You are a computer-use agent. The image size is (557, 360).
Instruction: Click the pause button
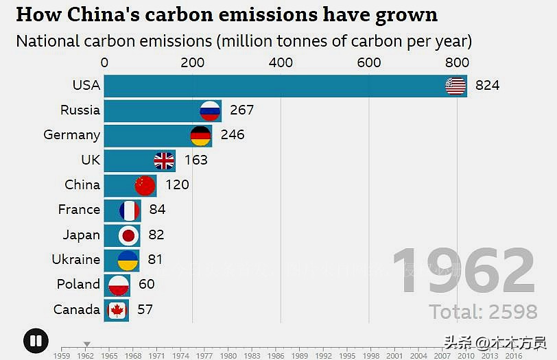[x=35, y=341]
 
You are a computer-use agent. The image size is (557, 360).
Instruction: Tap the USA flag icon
[x=455, y=86]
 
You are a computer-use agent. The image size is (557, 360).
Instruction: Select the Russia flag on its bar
[x=210, y=110]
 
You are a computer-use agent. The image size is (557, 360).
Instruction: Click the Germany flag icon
[x=200, y=135]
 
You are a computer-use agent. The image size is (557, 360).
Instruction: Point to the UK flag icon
[x=164, y=160]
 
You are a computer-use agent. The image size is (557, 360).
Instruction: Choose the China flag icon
[x=145, y=185]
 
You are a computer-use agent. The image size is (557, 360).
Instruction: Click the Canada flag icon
[x=117, y=310]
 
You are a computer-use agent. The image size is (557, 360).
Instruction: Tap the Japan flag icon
[x=129, y=235]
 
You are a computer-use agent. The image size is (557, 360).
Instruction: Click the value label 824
[x=487, y=86]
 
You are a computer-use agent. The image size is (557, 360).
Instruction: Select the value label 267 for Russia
[x=241, y=110]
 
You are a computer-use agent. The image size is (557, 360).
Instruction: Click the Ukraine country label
[x=75, y=260]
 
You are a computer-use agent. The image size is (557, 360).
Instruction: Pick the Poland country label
[x=78, y=285]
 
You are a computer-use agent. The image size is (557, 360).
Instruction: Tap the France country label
[x=79, y=210]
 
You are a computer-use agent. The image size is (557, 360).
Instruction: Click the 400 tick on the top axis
[x=281, y=62]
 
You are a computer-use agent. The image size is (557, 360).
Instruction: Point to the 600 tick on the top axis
[x=369, y=62]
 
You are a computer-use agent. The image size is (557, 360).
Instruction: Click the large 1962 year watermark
[x=464, y=272]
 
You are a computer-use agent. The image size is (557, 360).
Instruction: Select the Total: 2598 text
[x=483, y=312]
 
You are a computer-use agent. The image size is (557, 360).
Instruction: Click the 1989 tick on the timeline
[x=299, y=355]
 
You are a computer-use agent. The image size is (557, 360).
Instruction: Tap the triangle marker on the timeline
[x=86, y=344]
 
